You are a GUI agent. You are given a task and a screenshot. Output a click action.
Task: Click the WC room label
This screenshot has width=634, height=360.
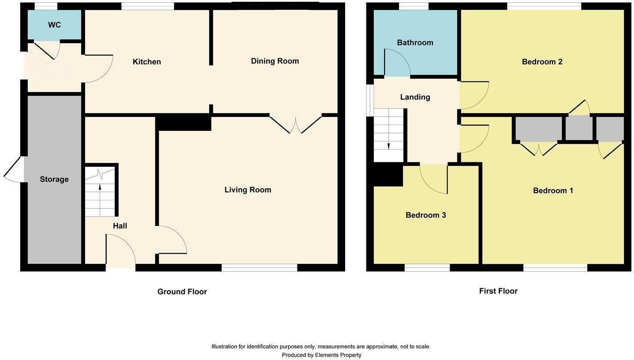[x=54, y=25]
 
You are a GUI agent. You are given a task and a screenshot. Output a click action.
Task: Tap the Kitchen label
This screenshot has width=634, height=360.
[x=146, y=62]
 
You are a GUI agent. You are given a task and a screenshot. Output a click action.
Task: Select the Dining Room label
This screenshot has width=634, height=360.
[x=275, y=61]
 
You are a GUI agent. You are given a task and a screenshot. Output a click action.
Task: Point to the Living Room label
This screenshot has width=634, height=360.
[x=248, y=190]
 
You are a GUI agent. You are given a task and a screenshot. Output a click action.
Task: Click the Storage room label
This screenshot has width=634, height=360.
[x=54, y=179]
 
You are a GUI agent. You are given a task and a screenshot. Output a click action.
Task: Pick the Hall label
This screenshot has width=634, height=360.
[x=120, y=226]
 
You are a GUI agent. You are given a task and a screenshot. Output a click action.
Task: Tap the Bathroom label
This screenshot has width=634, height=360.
[x=415, y=43]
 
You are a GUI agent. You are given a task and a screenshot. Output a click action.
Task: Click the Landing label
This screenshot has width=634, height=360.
[x=415, y=97]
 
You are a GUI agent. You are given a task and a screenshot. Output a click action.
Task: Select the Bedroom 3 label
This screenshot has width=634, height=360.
[x=426, y=215]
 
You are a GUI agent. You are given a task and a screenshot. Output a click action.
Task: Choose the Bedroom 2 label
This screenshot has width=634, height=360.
[x=542, y=62]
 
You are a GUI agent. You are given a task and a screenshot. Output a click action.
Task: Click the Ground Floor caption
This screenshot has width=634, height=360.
[x=182, y=292]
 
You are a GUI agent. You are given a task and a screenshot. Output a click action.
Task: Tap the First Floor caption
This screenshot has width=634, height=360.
[x=498, y=291]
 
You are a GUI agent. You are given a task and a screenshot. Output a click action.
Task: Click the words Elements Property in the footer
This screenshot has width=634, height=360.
[x=338, y=355]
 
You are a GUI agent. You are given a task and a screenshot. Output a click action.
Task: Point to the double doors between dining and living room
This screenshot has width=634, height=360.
[x=295, y=124]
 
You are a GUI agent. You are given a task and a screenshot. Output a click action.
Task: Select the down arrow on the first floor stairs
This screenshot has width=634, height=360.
[x=389, y=146]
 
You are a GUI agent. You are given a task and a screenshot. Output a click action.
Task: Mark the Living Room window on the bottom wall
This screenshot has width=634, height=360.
[x=259, y=267]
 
